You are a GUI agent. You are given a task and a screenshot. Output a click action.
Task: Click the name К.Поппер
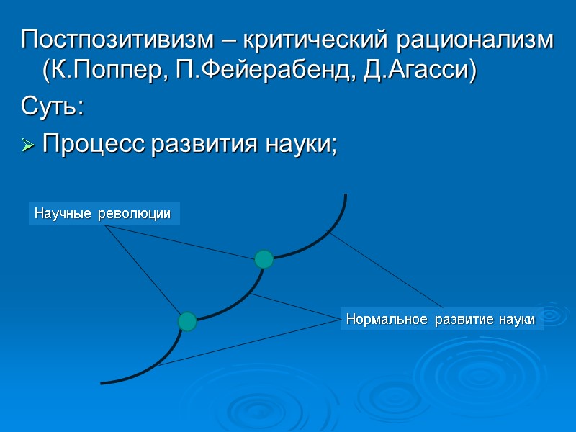click(x=100, y=73)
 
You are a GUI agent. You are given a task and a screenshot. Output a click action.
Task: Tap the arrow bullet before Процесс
click(x=29, y=145)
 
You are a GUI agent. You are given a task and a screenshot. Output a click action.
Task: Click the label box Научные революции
click(x=104, y=214)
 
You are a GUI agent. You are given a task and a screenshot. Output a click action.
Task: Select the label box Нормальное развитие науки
click(x=441, y=319)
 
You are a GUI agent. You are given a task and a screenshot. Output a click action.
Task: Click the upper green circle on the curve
click(x=264, y=259)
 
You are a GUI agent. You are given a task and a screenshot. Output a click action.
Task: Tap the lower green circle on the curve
click(x=187, y=321)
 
